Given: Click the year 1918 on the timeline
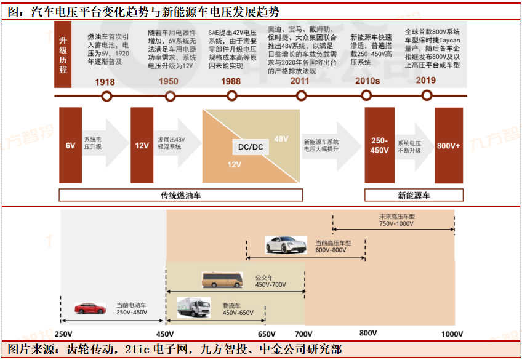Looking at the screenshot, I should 105,81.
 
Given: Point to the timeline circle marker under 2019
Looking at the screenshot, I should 427,96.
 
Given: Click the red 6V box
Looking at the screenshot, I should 70,146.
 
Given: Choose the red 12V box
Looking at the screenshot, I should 142,146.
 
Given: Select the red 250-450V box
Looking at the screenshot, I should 379,146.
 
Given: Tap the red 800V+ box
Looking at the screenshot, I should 448,146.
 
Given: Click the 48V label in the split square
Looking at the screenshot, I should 281,139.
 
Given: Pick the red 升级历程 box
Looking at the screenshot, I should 63,56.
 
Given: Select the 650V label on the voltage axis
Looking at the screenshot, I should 267,334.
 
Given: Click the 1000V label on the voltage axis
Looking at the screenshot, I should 452,334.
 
